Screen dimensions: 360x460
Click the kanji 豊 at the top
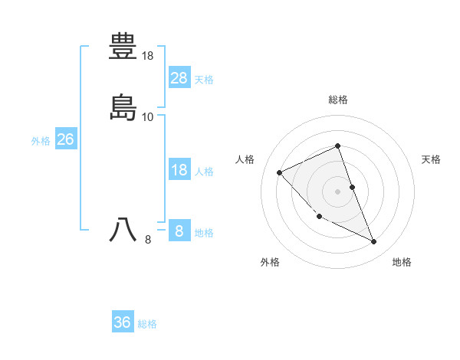click(x=123, y=46)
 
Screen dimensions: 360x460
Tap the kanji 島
click(x=123, y=107)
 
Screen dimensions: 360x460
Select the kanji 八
click(x=123, y=230)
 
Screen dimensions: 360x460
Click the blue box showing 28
click(x=179, y=77)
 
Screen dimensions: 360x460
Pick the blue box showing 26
click(x=65, y=139)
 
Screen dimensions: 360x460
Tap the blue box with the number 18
click(x=179, y=170)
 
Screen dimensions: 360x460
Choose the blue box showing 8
click(x=179, y=231)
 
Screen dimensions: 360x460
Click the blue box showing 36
click(x=123, y=322)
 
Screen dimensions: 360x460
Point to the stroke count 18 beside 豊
click(x=148, y=56)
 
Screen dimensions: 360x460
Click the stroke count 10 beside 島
click(x=148, y=117)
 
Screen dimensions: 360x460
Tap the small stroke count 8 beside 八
click(x=148, y=240)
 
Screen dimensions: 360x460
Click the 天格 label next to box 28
click(x=204, y=79)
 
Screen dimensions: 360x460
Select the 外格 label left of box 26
click(x=41, y=140)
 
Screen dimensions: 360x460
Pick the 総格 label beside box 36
click(x=147, y=324)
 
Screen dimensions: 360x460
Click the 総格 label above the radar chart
click(x=338, y=100)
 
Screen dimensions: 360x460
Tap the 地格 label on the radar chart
click(x=402, y=262)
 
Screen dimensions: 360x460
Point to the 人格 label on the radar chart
click(x=245, y=159)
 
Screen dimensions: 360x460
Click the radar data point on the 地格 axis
click(x=374, y=242)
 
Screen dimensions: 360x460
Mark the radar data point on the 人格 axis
click(x=280, y=172)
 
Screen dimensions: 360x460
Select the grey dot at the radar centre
click(x=338, y=191)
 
